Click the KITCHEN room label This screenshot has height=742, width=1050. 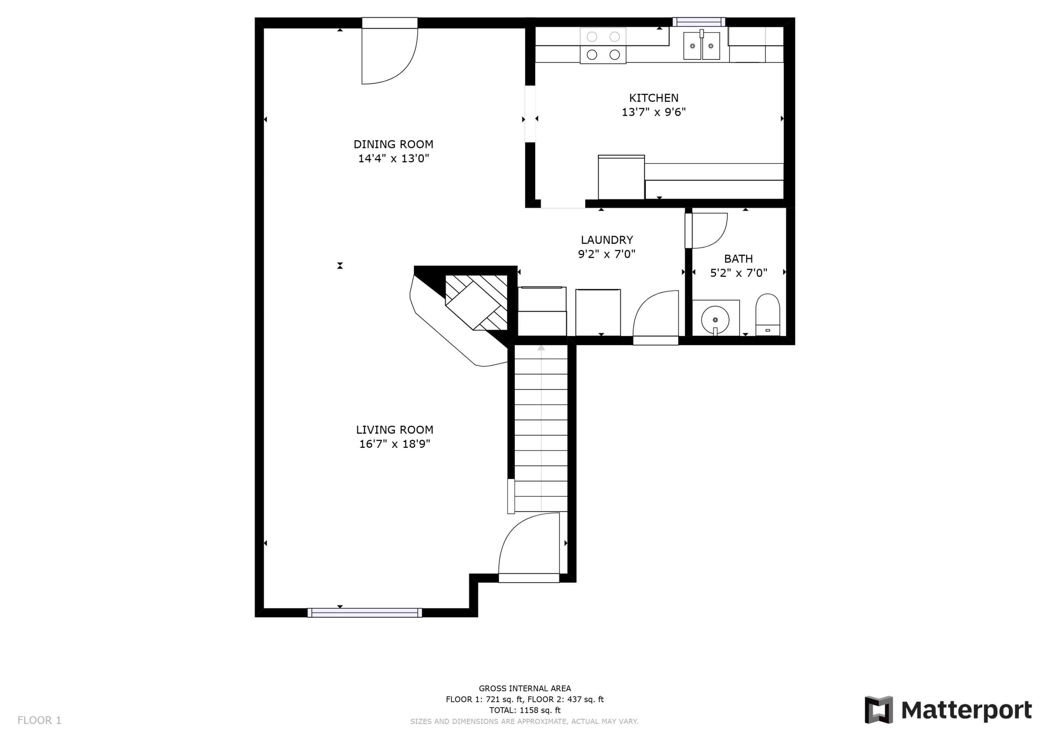(653, 98)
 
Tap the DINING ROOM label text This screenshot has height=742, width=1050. (393, 144)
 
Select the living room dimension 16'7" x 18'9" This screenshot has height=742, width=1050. (395, 444)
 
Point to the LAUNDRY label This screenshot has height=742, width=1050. (607, 240)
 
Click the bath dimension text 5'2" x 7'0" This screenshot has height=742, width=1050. (738, 273)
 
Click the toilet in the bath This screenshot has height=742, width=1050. (768, 315)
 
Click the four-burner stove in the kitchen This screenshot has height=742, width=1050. (603, 46)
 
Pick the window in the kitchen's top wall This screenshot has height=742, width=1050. (699, 22)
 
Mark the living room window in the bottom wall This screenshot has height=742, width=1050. (364, 613)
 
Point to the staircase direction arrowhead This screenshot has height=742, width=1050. (541, 348)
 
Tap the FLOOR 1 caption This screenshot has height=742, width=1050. (39, 721)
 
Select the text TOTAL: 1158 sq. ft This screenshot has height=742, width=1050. (525, 710)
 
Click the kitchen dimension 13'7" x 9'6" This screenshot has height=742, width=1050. (653, 112)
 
